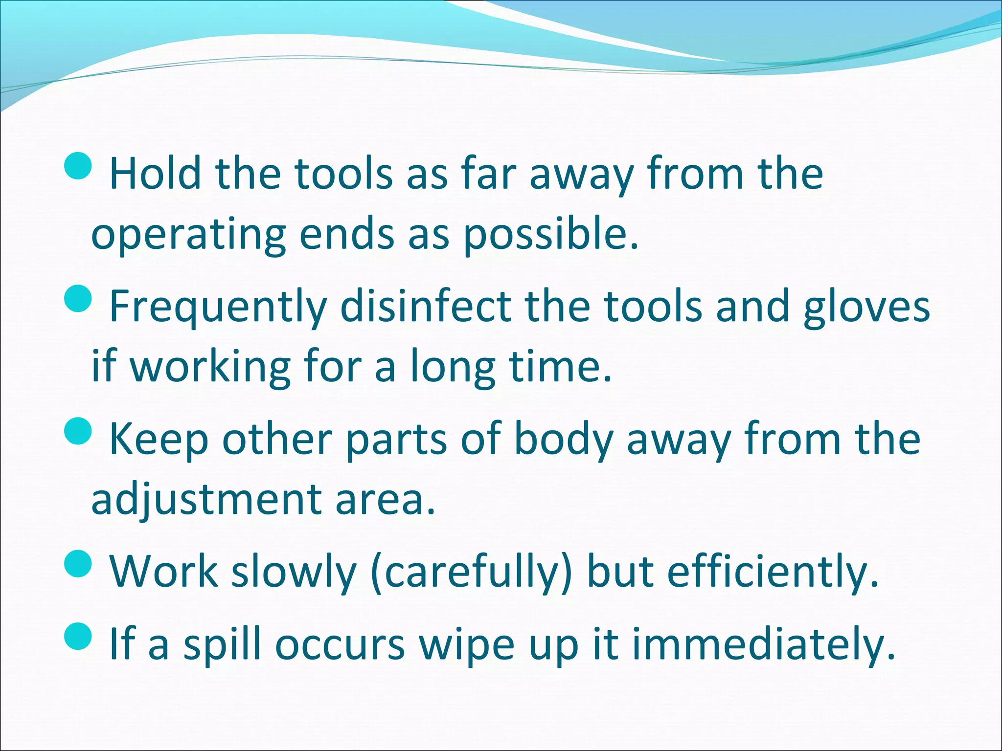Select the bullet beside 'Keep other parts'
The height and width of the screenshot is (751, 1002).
pos(78,431)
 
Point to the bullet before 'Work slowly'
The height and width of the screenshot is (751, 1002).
pos(78,563)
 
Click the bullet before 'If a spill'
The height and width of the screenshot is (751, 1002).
pos(78,636)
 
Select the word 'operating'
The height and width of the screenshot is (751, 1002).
pos(188,235)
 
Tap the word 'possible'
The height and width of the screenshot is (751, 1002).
pos(550,235)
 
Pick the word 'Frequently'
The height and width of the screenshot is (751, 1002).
pos(218,307)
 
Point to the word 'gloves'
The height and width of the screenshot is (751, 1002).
pos(866,307)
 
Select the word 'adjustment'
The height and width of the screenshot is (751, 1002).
pos(205,501)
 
